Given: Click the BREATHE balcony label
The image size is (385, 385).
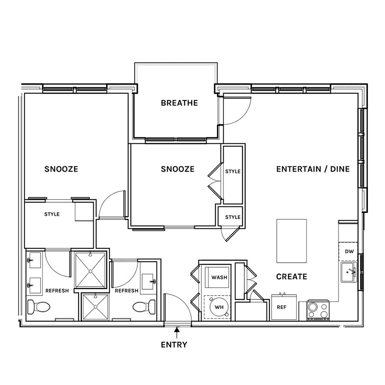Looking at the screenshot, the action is [x=179, y=103].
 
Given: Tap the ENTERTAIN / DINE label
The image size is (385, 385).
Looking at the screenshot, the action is [x=313, y=169].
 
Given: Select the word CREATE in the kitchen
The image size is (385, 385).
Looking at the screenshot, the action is [x=292, y=277].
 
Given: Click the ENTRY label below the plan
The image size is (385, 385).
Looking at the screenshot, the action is [x=174, y=345].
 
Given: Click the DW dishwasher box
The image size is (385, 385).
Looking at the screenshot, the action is [x=348, y=252].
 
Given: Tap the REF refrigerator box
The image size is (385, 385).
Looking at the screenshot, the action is [x=284, y=307].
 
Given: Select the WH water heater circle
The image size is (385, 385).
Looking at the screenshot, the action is [x=219, y=307].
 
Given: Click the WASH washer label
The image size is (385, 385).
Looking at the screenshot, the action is [x=219, y=278].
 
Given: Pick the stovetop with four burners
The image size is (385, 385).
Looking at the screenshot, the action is [x=318, y=311].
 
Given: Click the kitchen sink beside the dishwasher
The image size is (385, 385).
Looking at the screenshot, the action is [x=349, y=272].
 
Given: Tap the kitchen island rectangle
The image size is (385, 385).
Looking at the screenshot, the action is [x=292, y=241].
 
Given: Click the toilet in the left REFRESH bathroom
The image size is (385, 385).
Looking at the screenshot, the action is [x=38, y=307].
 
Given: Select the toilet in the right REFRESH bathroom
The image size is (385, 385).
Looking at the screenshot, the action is [x=144, y=307].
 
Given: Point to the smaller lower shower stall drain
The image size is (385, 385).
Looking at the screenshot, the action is [x=95, y=307].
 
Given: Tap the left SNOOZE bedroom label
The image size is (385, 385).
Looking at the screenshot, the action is [x=61, y=169].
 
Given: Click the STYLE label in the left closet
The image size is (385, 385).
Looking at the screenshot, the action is [x=52, y=214].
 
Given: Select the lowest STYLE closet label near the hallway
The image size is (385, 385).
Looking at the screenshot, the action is [x=233, y=217].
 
